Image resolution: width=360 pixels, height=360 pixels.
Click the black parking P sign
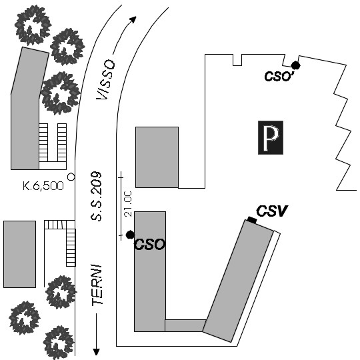(x=271, y=137)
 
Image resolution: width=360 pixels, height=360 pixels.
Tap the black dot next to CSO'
(x=296, y=65)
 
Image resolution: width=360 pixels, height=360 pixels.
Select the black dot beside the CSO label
(x=130, y=235)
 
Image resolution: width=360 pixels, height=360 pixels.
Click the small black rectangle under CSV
(x=252, y=220)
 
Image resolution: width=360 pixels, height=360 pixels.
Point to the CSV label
(x=272, y=211)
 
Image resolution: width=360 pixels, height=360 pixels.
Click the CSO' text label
(x=279, y=75)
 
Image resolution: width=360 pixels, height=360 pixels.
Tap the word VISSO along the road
(x=105, y=80)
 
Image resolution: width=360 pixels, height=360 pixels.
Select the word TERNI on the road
(x=97, y=285)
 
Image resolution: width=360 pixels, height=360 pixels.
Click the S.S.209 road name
(x=96, y=196)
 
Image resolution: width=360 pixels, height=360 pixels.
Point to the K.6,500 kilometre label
(x=43, y=186)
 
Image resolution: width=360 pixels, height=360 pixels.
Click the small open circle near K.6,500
(x=71, y=177)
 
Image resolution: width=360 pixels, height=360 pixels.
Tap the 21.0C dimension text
(x=128, y=204)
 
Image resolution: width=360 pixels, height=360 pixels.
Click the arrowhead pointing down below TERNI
(x=97, y=352)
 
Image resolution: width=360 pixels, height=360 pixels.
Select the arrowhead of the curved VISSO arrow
(x=133, y=19)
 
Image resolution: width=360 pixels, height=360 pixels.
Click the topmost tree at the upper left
(x=33, y=25)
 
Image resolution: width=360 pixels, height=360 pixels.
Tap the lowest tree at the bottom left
(x=59, y=343)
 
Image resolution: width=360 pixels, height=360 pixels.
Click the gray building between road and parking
(x=157, y=157)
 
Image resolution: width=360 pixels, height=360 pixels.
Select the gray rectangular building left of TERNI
(x=19, y=254)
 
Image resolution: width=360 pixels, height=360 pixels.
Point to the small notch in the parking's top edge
(x=237, y=60)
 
